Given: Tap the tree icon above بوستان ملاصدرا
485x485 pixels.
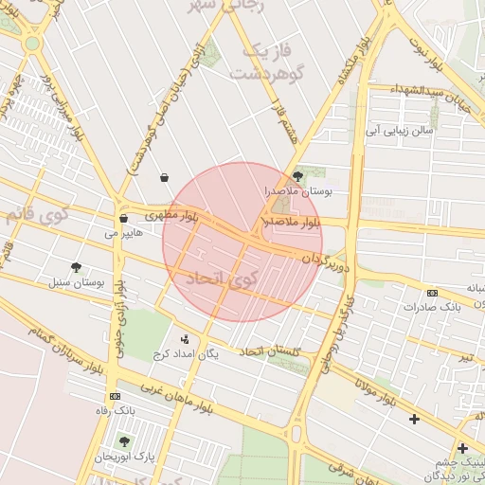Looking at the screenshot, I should (x=298, y=175).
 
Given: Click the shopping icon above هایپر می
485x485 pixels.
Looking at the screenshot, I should (x=123, y=219).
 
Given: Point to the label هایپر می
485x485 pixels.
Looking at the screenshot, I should (x=123, y=232).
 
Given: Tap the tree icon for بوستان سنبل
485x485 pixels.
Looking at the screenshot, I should (x=76, y=268).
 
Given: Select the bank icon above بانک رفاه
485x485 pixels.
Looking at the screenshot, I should (x=115, y=396).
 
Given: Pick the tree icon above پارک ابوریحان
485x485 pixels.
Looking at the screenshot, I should (x=124, y=441).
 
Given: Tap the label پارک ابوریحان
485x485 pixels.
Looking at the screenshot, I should (x=124, y=457).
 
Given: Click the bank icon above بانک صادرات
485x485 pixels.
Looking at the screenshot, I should (x=433, y=293).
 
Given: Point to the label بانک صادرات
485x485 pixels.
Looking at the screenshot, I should (x=431, y=307).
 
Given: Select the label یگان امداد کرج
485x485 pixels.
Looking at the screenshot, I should (x=186, y=353).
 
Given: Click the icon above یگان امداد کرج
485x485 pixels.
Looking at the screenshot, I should (x=185, y=338).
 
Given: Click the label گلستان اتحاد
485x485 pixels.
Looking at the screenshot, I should (x=270, y=352).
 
